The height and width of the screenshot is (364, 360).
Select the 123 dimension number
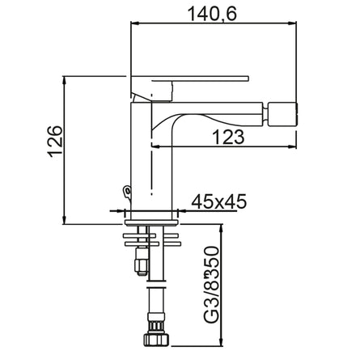229,138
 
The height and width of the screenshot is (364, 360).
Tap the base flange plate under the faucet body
152,215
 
